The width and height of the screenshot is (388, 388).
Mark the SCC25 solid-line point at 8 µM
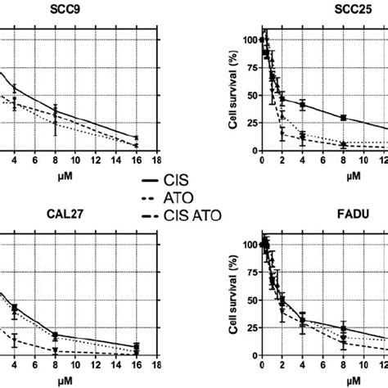click(x=344, y=118)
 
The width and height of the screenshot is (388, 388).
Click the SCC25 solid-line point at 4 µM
click(x=302, y=104)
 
